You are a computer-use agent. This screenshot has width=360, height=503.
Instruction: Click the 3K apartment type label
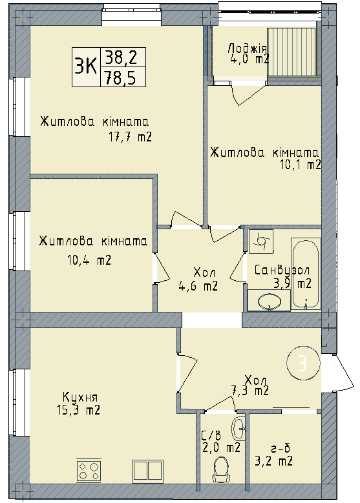[85, 66]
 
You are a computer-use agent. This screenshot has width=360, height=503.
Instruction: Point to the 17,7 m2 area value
[131, 137]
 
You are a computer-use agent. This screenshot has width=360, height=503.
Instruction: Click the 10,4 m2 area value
[90, 261]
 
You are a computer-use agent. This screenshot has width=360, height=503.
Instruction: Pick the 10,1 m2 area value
[301, 165]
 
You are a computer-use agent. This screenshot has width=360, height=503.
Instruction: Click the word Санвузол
[282, 270]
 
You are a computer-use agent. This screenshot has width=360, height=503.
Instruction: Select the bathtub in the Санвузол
[306, 273]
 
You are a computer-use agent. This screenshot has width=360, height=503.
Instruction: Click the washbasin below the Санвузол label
[270, 300]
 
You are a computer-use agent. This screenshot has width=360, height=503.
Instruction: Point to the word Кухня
[80, 396]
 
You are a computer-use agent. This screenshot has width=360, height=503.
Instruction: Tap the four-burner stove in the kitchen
[90, 469]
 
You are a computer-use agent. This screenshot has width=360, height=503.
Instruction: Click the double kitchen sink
[149, 469]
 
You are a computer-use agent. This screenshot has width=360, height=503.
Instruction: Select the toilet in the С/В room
[222, 469]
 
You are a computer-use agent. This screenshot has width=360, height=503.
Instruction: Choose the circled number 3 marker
[301, 364]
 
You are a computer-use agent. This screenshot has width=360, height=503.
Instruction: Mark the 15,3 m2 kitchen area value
[78, 409]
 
